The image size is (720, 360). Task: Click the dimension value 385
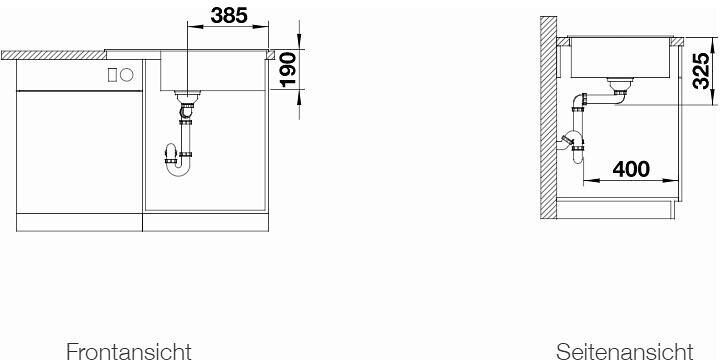[229, 16]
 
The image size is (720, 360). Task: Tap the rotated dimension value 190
[288, 69]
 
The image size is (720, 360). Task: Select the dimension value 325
[702, 71]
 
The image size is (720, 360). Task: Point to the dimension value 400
[631, 169]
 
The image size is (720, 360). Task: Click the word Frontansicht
[129, 351]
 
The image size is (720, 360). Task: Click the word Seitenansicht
[624, 351]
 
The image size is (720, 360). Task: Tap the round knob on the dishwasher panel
[127, 75]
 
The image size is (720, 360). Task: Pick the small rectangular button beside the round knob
[112, 75]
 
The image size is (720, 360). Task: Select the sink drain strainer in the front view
[187, 96]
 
